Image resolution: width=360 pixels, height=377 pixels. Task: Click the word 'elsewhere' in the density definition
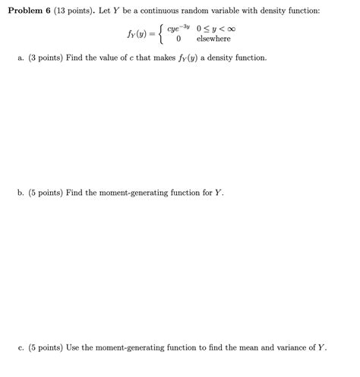[213, 39]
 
